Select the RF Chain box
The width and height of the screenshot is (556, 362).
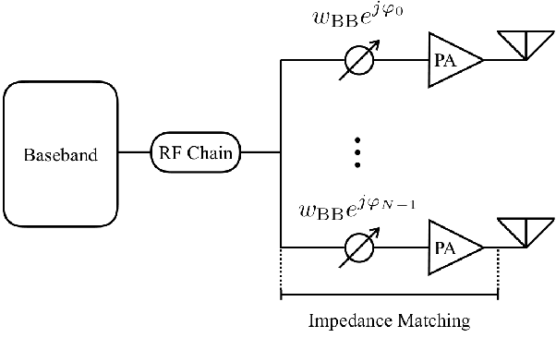(x=196, y=153)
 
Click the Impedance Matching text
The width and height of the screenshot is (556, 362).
(x=388, y=321)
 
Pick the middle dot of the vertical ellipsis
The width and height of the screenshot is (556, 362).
(x=357, y=152)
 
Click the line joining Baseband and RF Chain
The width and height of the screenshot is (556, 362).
(x=134, y=153)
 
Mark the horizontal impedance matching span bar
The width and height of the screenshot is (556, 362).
(x=388, y=296)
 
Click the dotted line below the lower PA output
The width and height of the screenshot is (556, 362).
(x=498, y=272)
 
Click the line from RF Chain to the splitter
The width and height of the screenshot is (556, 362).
(x=260, y=153)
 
